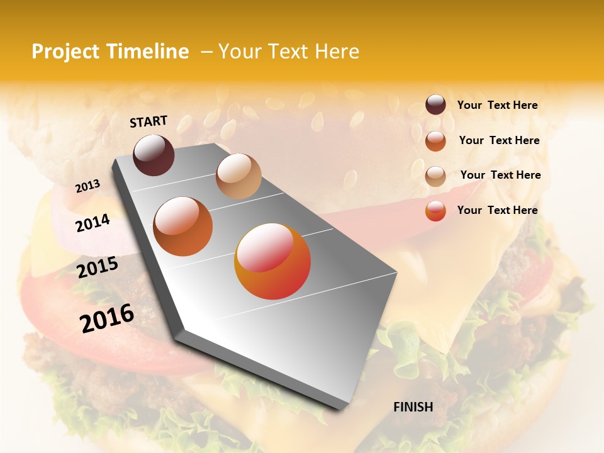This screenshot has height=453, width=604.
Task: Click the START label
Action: (x=148, y=121)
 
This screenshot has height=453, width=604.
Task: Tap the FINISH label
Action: (x=413, y=407)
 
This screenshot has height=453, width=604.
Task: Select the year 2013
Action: (x=87, y=186)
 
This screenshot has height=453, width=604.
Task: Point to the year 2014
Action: (x=92, y=223)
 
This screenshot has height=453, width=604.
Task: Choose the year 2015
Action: (x=98, y=267)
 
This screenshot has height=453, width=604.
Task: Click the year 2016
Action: (x=107, y=318)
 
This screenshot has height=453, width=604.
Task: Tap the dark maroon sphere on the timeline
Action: (x=154, y=155)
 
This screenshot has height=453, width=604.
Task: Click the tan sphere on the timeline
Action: (x=238, y=176)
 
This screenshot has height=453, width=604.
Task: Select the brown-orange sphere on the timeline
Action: (x=183, y=226)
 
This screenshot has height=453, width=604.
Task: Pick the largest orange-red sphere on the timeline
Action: (x=272, y=261)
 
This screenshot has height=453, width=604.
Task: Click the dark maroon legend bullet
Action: (x=435, y=104)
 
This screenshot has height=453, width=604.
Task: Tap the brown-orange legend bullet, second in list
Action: (x=435, y=141)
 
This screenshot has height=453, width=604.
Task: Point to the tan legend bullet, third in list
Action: (x=435, y=176)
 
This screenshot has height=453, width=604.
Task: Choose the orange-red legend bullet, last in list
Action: (x=435, y=211)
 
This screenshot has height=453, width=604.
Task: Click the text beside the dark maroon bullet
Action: (x=497, y=106)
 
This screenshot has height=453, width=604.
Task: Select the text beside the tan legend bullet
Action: (x=500, y=175)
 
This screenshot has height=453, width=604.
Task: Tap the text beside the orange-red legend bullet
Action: (x=497, y=210)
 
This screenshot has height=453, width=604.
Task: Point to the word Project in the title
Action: (x=65, y=52)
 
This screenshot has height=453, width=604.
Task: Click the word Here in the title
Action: (x=337, y=52)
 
